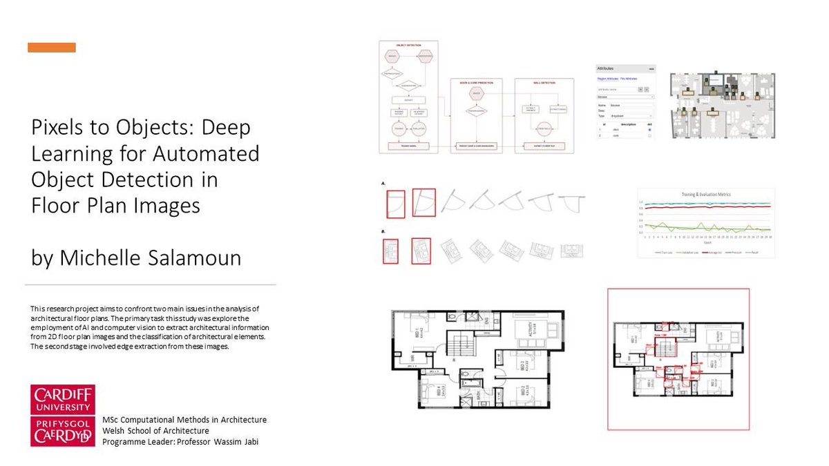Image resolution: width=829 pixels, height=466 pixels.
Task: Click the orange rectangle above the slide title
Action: tap(52, 48)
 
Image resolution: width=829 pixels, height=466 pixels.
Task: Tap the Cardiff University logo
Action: tap(63, 415)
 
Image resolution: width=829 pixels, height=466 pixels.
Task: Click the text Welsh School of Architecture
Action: tap(155, 431)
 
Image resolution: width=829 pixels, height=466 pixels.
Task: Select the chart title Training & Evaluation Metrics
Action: tap(706, 195)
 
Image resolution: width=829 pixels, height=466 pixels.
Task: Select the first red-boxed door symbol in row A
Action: tap(397, 202)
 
